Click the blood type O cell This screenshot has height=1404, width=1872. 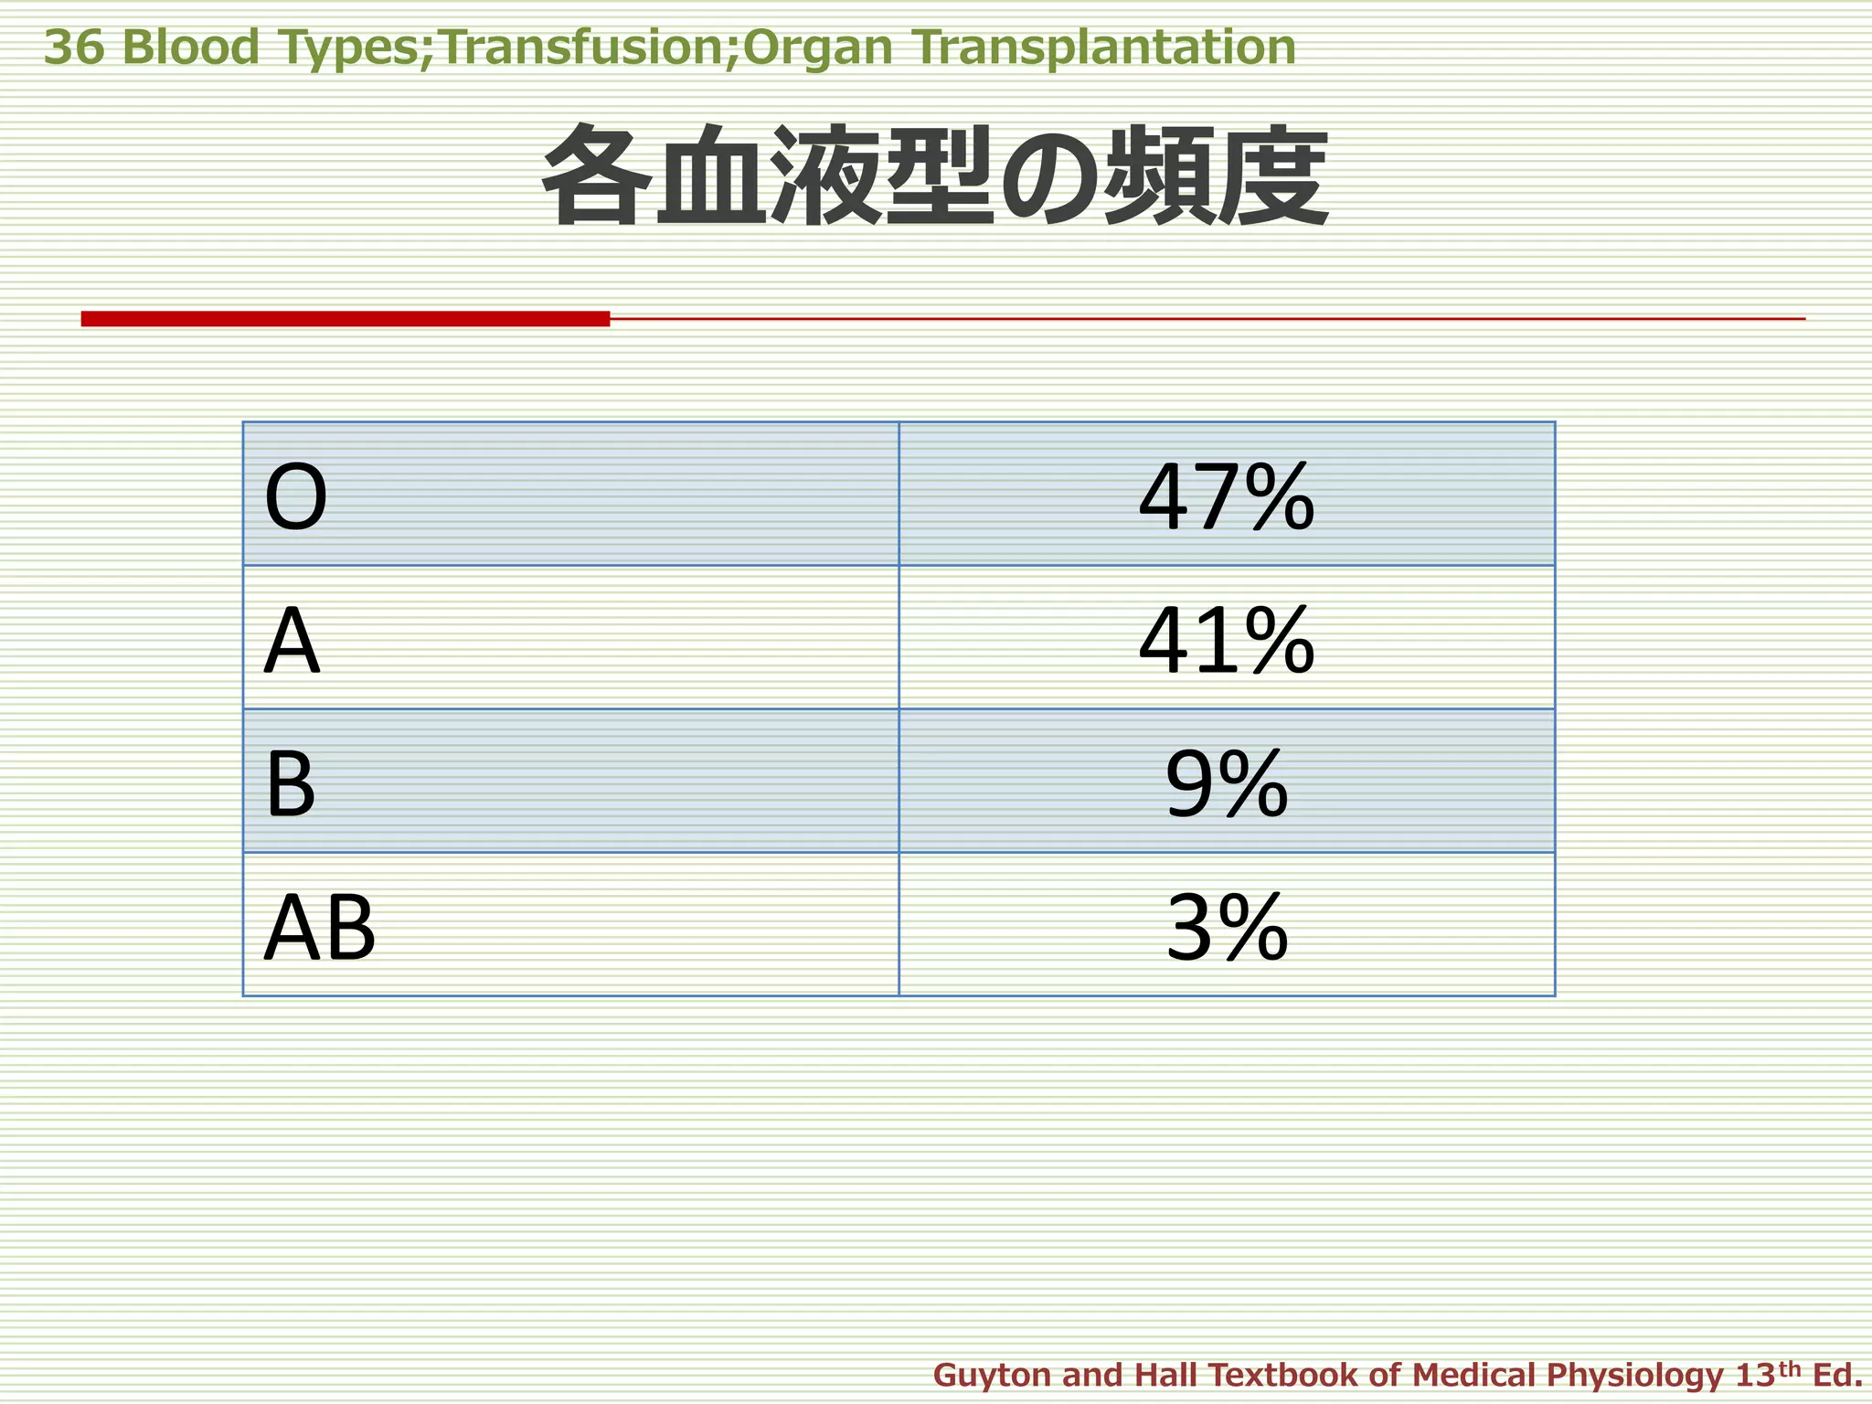coord(295,498)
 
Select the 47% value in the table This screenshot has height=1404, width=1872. coord(1226,498)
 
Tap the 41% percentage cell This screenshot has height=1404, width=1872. coord(1226,641)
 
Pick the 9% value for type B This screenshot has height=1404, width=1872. coord(1226,784)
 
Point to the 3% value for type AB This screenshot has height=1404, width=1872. coord(1226,928)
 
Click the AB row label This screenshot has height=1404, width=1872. coord(319,928)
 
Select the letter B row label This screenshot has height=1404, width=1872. coord(290,784)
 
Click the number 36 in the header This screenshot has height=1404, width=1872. coord(74,48)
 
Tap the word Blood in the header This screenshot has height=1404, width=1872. coord(190,48)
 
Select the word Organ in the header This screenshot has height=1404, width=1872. coord(817,48)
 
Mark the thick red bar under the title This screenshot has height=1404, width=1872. coord(345,318)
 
